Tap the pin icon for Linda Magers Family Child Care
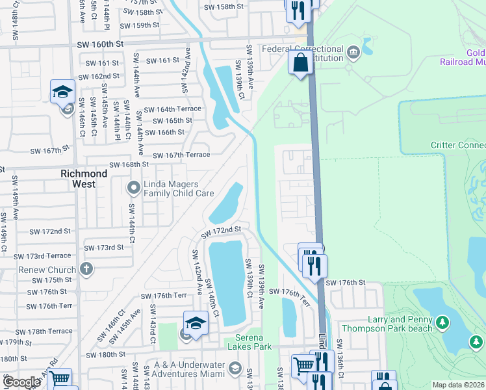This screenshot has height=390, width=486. [x=134, y=188]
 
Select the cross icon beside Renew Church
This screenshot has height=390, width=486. [x=87, y=269]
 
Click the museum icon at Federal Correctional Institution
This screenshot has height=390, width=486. [x=353, y=52]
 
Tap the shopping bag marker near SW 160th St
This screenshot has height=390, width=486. [x=300, y=63]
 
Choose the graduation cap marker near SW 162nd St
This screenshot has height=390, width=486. [x=63, y=92]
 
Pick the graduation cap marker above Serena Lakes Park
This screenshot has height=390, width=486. [x=196, y=322]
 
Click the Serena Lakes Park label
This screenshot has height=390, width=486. [x=248, y=346]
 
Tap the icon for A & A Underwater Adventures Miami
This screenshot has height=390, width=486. [x=234, y=370]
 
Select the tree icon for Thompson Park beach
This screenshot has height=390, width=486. [x=442, y=322]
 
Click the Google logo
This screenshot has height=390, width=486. [x=22, y=382]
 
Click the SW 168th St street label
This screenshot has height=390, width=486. [x=125, y=164]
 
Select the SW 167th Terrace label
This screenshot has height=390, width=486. [x=181, y=155]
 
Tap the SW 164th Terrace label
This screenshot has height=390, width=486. [x=173, y=109]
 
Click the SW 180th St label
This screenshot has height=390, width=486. [x=107, y=355]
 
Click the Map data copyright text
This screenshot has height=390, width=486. [x=457, y=385]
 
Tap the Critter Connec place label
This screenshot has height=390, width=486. [x=457, y=146]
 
